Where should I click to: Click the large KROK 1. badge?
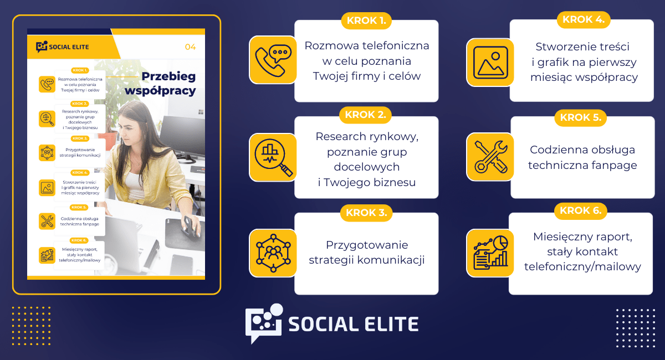[x=366, y=20]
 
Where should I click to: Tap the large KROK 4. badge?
[x=584, y=19]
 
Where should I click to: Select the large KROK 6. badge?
[x=580, y=210]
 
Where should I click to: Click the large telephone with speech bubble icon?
[x=273, y=60]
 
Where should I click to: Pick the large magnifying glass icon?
[x=273, y=157]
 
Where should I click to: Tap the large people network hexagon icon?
[x=273, y=253]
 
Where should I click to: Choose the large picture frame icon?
[x=490, y=63]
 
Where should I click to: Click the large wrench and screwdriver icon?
[x=490, y=157]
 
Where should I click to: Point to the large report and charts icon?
[x=490, y=253]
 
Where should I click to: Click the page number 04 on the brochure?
[x=190, y=47]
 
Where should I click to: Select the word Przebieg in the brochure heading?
[x=168, y=76]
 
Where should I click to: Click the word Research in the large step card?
[x=341, y=136]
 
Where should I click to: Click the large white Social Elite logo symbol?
[x=264, y=323]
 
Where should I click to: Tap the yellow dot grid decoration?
[x=31, y=326]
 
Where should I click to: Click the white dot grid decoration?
[x=636, y=328]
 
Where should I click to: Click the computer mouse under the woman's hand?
[x=190, y=226]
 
